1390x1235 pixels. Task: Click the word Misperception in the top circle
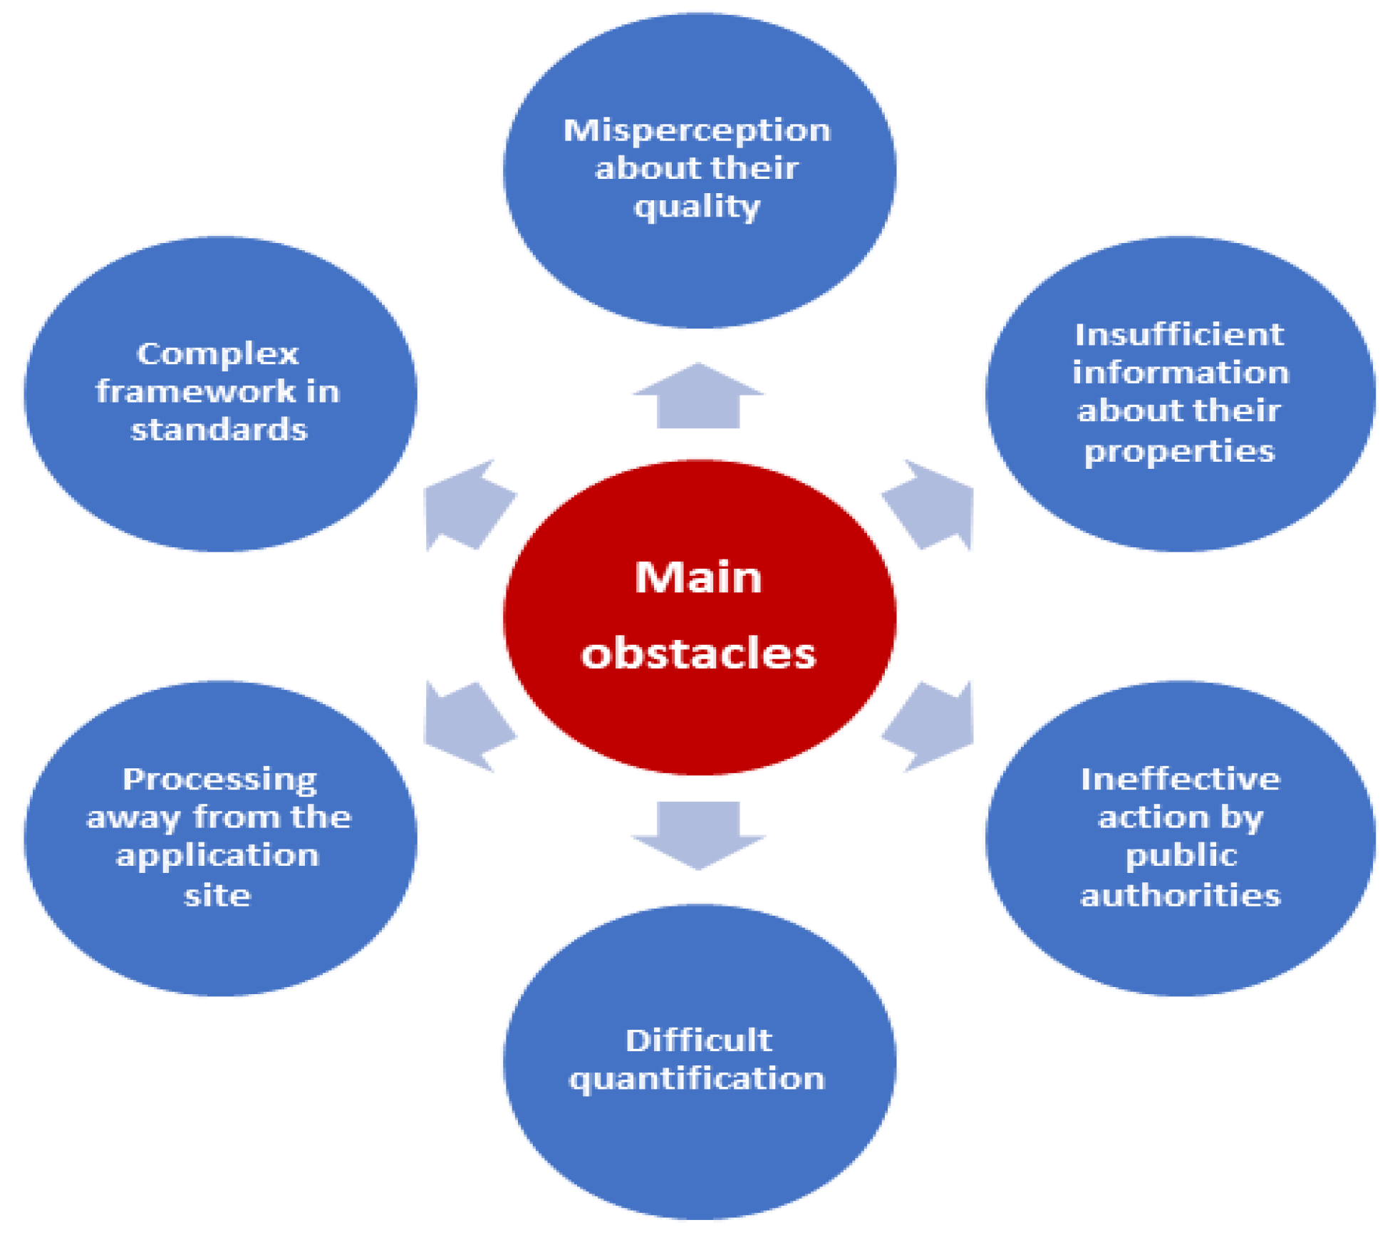[x=697, y=130]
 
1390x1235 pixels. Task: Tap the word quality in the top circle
[x=697, y=207]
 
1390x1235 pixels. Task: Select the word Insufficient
[x=1179, y=334]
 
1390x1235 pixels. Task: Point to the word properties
[x=1179, y=451]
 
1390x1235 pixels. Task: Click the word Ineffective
[x=1180, y=779]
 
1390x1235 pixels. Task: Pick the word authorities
[x=1180, y=895]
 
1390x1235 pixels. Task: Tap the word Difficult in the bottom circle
[x=698, y=1040]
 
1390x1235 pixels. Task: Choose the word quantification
[x=697, y=1079]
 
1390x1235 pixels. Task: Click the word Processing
[x=219, y=779]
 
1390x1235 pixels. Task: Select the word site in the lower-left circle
[x=217, y=895]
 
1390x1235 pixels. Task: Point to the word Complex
[x=217, y=353]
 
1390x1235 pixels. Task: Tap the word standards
[x=219, y=430]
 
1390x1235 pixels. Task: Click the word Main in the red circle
[x=698, y=577]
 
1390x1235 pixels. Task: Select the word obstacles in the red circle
[x=698, y=653]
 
